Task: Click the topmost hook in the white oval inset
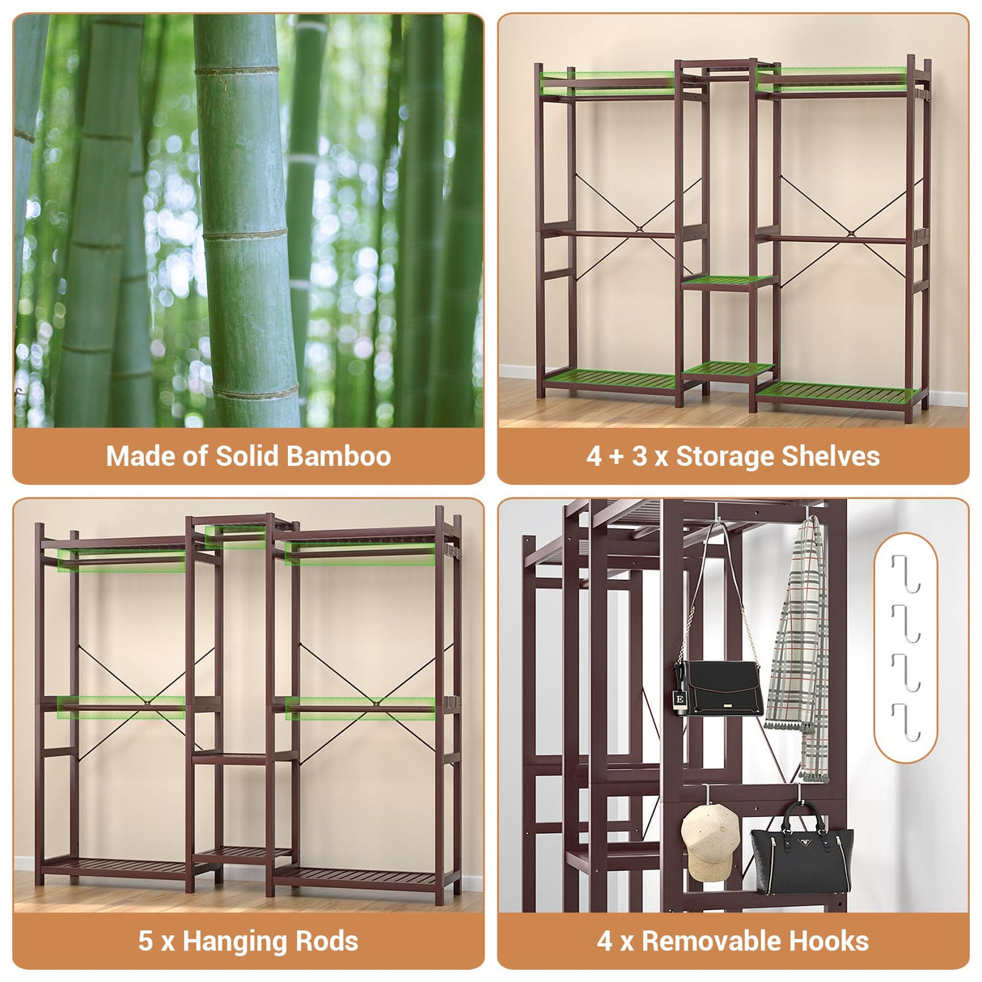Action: pos(906,573)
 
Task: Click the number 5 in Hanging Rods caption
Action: pos(145,942)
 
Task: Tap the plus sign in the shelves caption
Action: pos(616,457)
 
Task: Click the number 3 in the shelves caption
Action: pos(639,456)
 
